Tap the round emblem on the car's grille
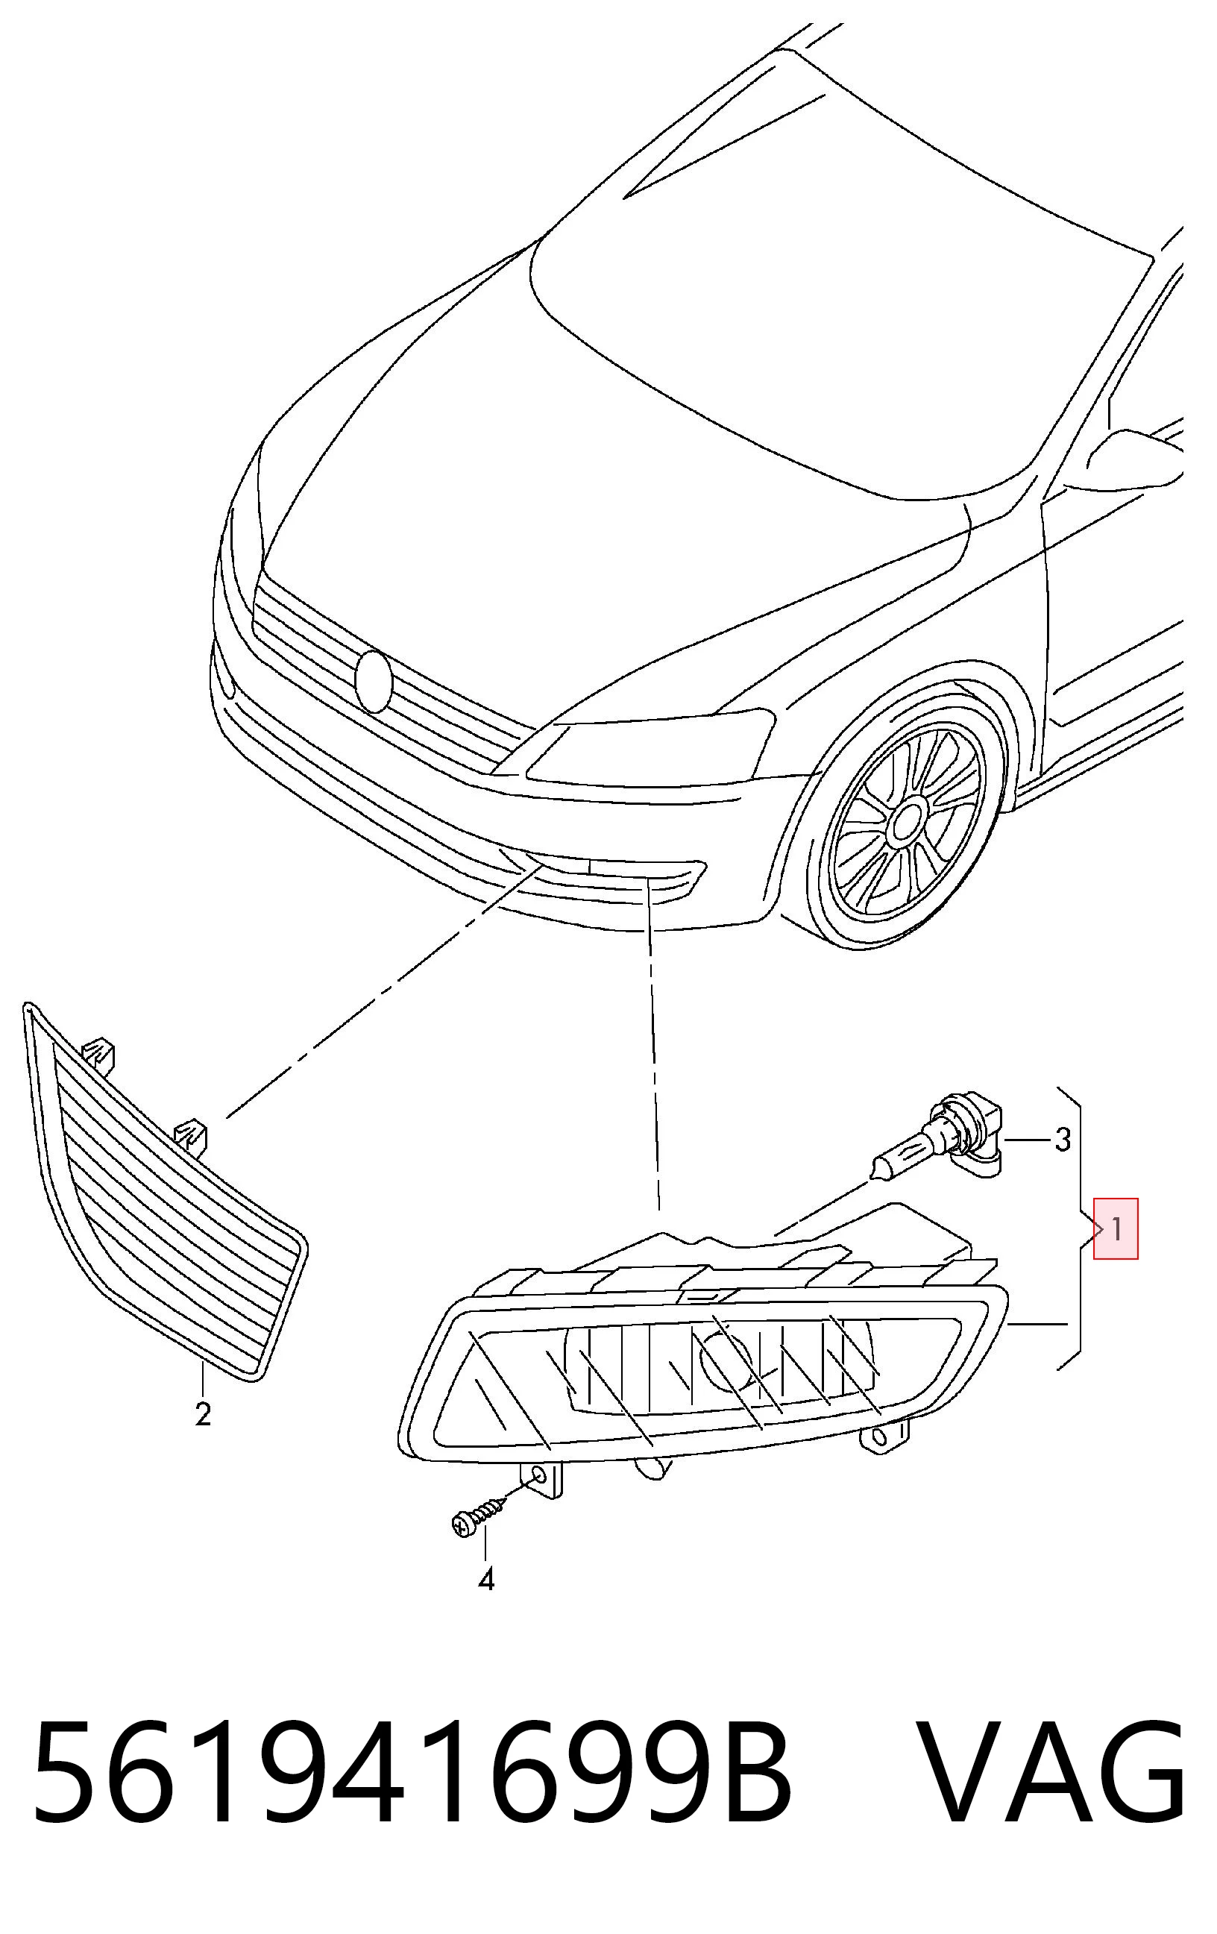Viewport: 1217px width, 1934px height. (x=373, y=682)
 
